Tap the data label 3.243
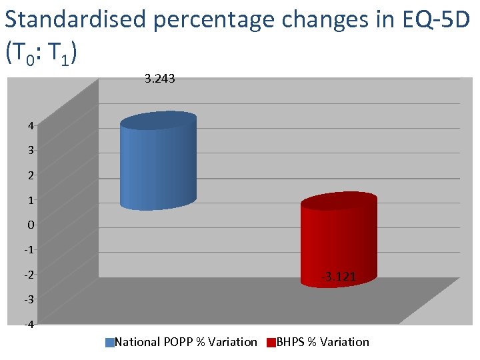[x=160, y=79]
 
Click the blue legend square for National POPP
[x=110, y=343]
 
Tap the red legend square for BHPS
[x=271, y=343]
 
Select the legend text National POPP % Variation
[x=186, y=342]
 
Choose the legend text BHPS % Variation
[x=323, y=342]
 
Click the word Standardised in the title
[x=75, y=19]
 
